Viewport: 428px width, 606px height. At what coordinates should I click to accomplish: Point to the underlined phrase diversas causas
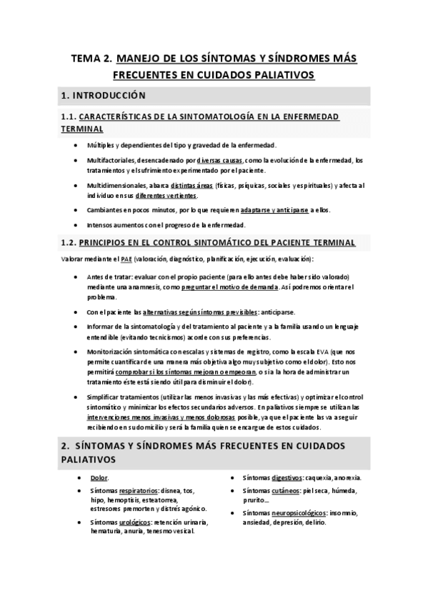pos(220,160)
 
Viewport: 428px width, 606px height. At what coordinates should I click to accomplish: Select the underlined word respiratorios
pos(140,491)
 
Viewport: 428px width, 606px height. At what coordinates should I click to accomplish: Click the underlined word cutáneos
pos(286,491)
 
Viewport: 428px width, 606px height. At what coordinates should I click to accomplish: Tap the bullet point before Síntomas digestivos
pos(233,477)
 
